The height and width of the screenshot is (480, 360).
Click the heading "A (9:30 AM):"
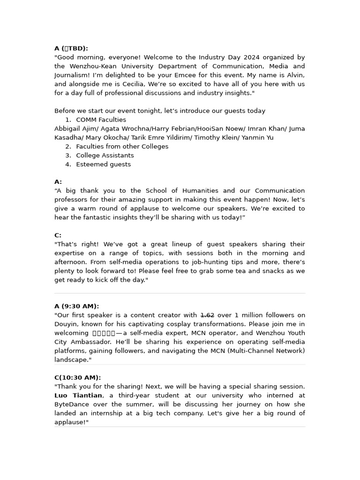76,306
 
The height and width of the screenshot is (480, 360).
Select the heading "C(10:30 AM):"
77,377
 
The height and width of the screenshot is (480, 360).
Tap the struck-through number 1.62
207,315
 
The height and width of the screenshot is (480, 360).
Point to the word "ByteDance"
70,404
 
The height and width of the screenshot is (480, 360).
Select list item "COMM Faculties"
101,120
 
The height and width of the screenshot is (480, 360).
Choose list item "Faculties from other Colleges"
122,146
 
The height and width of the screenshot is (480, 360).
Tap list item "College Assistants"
105,155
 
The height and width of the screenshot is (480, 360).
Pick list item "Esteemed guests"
103,164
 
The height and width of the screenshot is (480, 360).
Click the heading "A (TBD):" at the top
71,48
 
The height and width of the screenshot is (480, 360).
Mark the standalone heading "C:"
58,235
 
